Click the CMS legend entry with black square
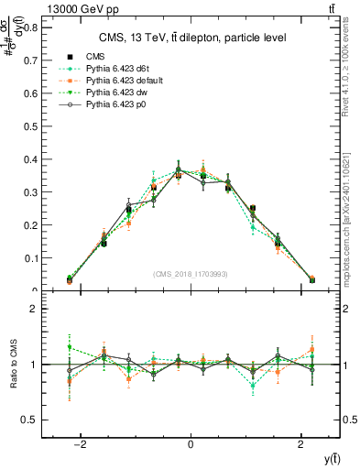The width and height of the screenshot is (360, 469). click(96, 57)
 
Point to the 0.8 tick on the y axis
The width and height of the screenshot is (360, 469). click(32, 27)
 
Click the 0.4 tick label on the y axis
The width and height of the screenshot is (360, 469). click(32, 159)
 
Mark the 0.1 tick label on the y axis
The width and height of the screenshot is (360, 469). click(32, 258)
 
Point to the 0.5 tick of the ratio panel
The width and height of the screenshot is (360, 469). click(32, 420)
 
